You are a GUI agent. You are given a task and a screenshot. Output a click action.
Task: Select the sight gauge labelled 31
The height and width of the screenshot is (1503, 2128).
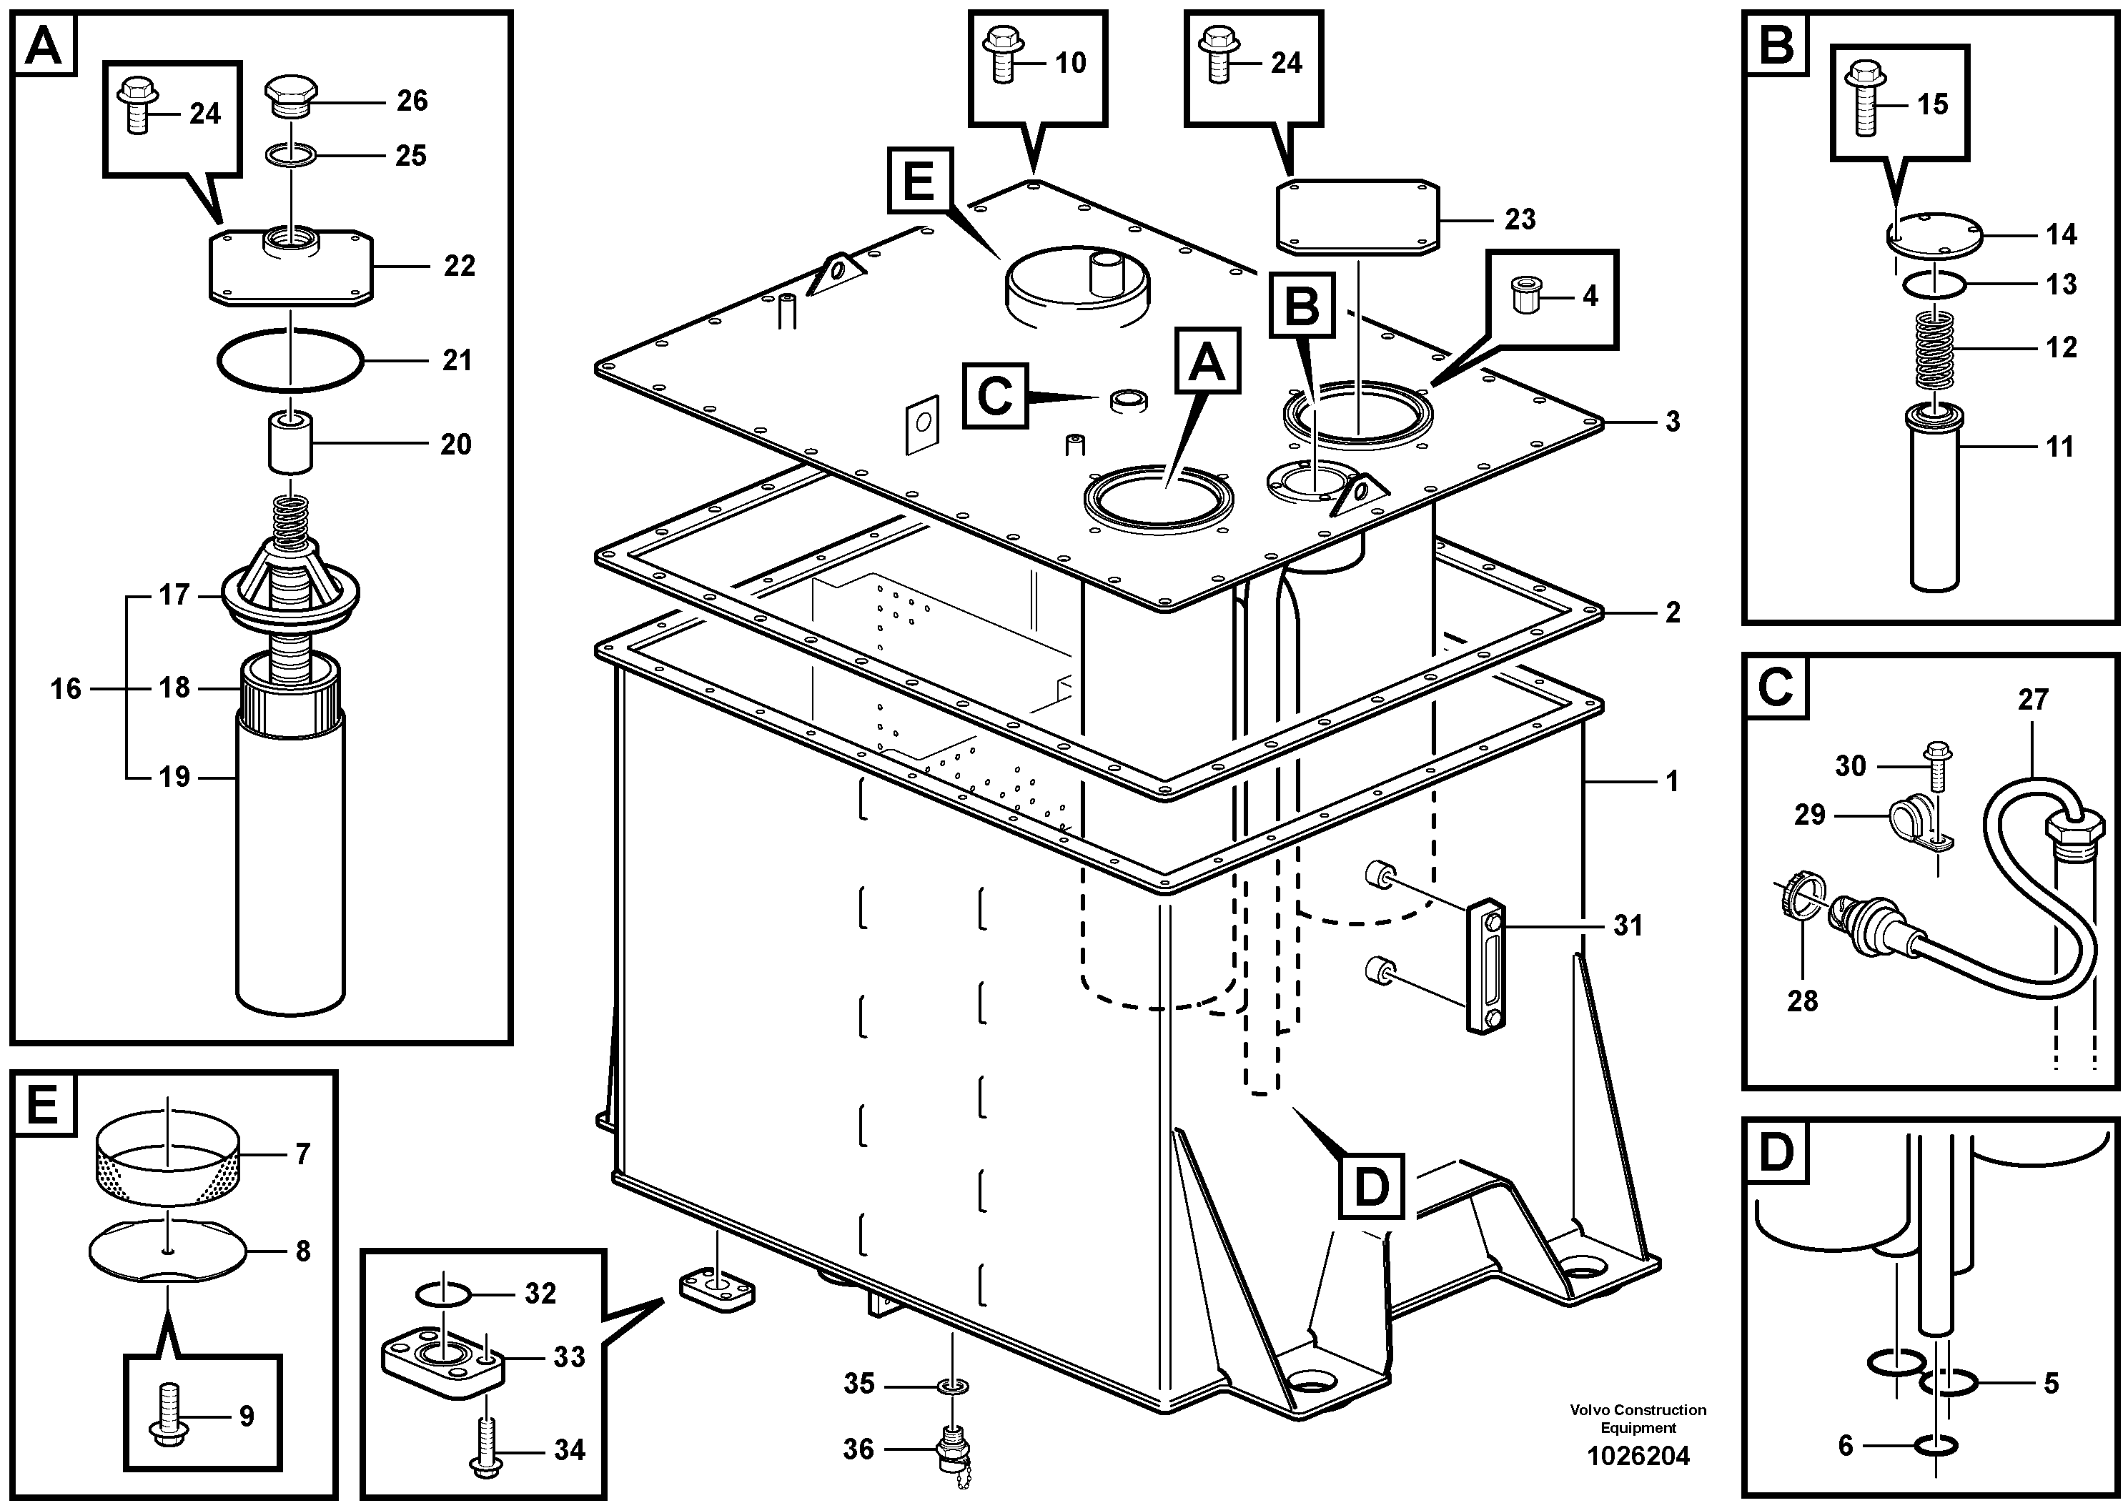[x=1485, y=965]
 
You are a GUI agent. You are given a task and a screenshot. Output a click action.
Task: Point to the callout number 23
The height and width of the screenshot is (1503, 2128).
[x=1520, y=219]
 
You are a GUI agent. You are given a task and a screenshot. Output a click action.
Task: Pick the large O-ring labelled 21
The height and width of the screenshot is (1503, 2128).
[x=290, y=360]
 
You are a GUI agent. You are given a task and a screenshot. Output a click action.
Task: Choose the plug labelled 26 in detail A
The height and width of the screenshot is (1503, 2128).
[x=291, y=96]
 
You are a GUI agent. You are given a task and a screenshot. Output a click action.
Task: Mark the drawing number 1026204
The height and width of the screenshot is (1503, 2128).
[x=1638, y=1457]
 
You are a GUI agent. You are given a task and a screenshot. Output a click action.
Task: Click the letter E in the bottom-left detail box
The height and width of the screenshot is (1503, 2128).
[x=43, y=1104]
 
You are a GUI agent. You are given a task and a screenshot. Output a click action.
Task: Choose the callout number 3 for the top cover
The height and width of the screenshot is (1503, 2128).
[x=1672, y=422]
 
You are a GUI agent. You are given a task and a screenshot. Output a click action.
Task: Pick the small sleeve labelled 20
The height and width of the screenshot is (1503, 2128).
[x=291, y=445]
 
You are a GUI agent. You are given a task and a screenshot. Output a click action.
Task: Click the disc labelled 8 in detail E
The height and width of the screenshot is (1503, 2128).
[x=168, y=1250]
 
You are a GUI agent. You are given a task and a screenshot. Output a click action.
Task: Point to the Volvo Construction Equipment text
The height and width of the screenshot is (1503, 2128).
[x=1638, y=1419]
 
